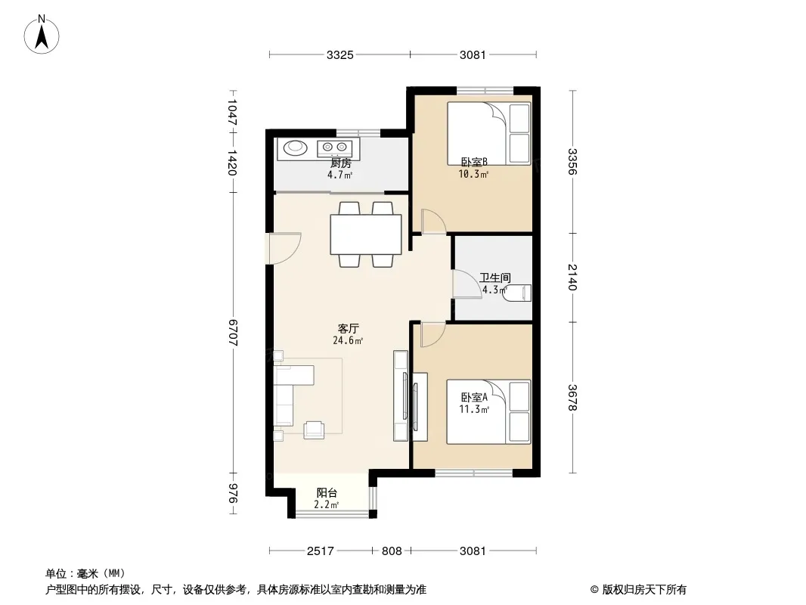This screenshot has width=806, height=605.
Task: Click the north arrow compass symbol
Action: click(x=42, y=35)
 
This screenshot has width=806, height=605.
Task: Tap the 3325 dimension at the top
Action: click(x=339, y=54)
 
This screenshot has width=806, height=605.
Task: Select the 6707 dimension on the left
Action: click(x=233, y=332)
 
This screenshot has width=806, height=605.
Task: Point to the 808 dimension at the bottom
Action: click(x=392, y=551)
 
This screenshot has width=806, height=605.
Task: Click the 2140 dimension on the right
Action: click(x=572, y=277)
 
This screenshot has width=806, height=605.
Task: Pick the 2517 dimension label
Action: click(x=321, y=551)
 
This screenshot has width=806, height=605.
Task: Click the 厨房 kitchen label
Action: click(x=340, y=163)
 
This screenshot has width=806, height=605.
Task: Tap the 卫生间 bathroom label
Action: click(x=495, y=278)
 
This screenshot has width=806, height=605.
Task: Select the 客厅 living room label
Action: click(x=348, y=328)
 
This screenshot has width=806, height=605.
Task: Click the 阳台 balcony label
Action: click(x=327, y=493)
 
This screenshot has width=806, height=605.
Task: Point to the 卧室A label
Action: click(x=474, y=397)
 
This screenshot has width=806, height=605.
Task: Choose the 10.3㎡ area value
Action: click(x=473, y=174)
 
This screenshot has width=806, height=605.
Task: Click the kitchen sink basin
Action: click(x=295, y=147)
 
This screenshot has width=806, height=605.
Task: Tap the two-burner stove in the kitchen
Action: click(x=335, y=148)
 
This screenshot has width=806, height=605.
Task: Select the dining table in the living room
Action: click(x=366, y=234)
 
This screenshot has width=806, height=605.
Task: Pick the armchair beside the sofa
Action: click(x=314, y=430)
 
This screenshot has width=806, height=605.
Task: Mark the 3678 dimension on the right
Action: click(x=572, y=398)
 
